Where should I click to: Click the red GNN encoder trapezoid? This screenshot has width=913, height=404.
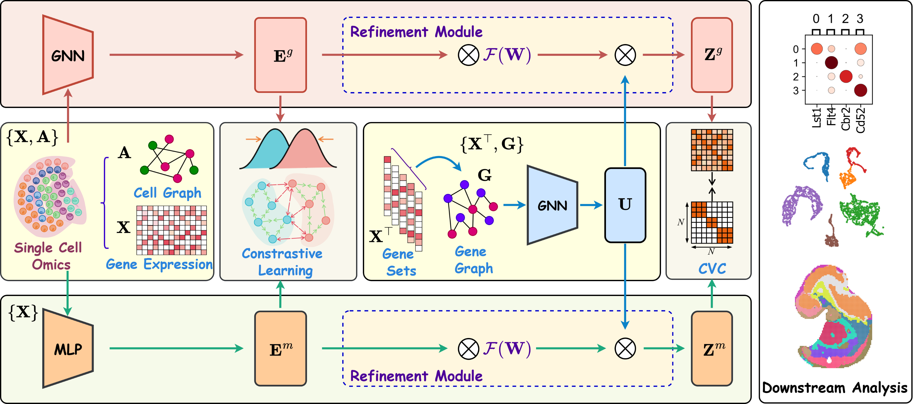[68, 55]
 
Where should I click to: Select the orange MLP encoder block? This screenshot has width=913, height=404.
[68, 349]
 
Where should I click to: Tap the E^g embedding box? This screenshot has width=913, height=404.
[280, 55]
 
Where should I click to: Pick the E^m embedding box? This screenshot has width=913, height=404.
[280, 349]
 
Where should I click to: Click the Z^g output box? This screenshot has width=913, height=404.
[712, 55]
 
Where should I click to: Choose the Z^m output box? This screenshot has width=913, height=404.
[712, 349]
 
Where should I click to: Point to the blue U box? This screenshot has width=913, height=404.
[625, 205]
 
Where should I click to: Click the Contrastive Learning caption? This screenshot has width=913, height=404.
[283, 262]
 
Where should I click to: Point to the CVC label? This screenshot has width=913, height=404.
[712, 269]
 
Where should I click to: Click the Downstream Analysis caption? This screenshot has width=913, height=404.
[834, 388]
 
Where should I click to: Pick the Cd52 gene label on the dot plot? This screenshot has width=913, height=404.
[861, 120]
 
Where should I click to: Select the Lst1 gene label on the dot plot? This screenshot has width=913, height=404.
[816, 118]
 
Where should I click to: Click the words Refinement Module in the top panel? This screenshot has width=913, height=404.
[416, 32]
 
